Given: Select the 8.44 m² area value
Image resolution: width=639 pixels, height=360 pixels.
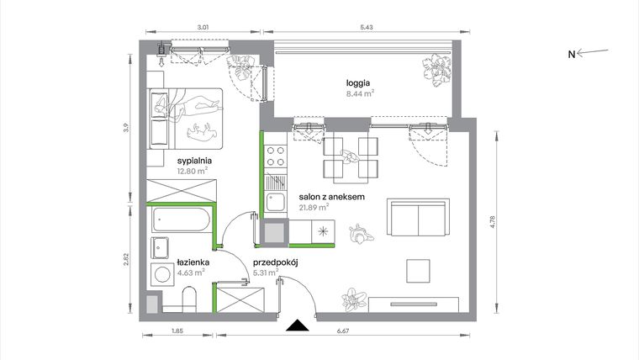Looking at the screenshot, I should (x=360, y=94).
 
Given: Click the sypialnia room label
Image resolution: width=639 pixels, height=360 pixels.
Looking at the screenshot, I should (x=193, y=159).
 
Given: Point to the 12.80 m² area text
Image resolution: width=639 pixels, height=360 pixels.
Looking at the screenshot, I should (x=193, y=170).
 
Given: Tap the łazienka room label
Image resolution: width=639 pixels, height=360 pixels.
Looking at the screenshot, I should (x=193, y=262).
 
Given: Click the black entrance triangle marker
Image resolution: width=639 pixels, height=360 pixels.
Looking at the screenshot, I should (x=295, y=326).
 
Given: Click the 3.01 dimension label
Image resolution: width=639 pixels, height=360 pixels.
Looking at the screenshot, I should (x=203, y=28).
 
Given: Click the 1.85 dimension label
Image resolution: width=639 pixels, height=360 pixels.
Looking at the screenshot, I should (x=177, y=333).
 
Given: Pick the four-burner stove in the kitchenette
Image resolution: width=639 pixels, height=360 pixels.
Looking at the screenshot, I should (x=275, y=157).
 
